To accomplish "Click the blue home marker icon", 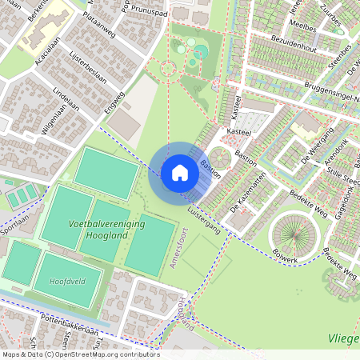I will (180, 173).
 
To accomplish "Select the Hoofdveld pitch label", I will (66, 282).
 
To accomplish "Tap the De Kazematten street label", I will (246, 197).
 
